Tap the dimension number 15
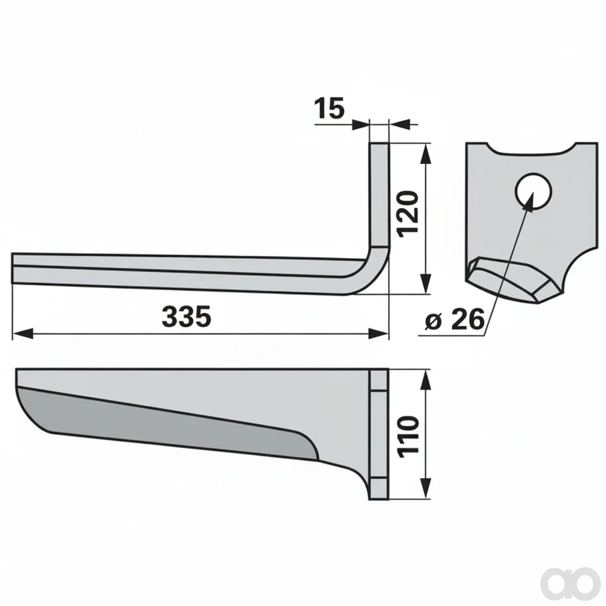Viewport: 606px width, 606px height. [329, 109]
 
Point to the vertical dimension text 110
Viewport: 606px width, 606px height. [408, 438]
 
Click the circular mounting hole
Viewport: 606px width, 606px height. [533, 191]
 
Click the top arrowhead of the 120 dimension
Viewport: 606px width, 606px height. [425, 154]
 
